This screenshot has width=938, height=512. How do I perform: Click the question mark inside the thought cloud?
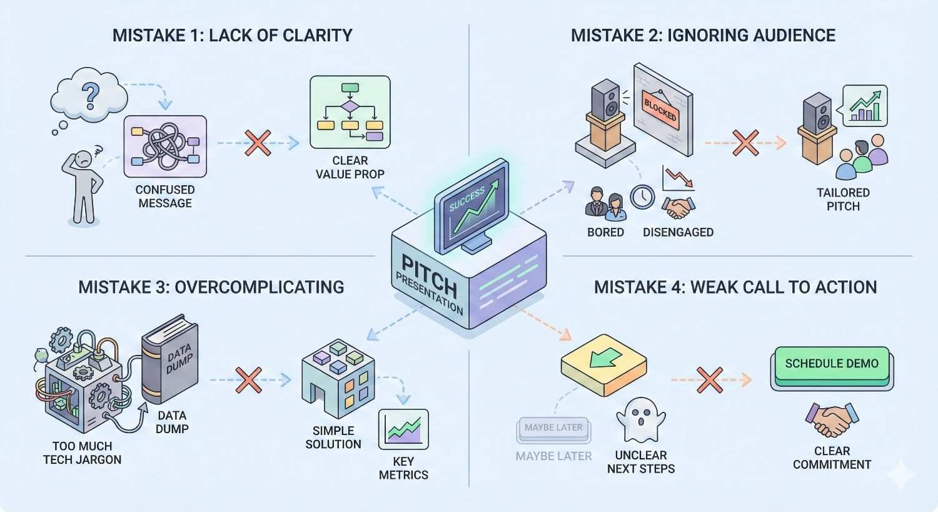coord(91,95)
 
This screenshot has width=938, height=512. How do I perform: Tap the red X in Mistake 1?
coord(258,143)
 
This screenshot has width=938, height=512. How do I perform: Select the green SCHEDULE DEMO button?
coord(832,364)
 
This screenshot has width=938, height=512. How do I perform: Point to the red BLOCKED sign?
coord(661,111)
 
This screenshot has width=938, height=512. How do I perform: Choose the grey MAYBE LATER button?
coord(553,428)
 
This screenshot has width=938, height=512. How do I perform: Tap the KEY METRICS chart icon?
coord(403,430)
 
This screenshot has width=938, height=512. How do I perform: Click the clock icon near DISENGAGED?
coord(642,197)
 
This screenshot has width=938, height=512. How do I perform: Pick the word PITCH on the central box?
coord(428,275)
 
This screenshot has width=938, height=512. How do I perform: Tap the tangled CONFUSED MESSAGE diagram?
coord(165,146)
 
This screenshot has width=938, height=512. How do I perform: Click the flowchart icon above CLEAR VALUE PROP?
coord(350,112)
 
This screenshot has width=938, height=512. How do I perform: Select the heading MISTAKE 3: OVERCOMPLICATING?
coord(211,287)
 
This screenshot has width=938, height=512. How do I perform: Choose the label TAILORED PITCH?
coord(843,199)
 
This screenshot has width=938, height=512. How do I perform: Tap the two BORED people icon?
coord(605,203)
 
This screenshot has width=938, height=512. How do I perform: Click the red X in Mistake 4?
coord(710,379)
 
